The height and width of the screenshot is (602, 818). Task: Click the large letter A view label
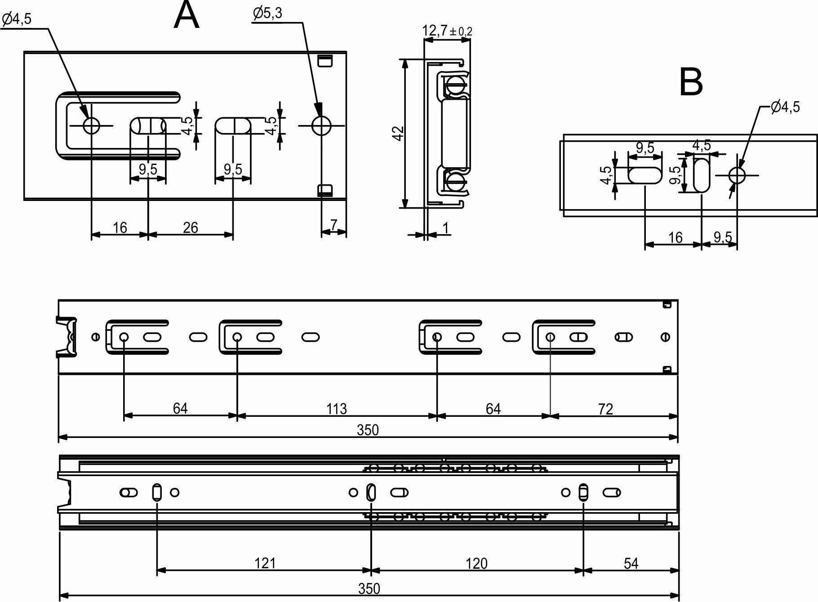coord(186,15)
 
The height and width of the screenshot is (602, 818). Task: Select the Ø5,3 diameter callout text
coord(267,13)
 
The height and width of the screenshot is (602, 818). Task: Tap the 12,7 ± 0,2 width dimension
coord(447,31)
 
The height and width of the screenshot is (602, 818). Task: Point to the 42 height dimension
coord(398,134)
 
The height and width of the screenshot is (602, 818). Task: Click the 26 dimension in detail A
coord(190,227)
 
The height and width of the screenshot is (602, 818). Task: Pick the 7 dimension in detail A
coord(333,224)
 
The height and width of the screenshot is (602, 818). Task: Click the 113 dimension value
coord(336,409)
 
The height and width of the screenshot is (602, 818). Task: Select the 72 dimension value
coord(605,409)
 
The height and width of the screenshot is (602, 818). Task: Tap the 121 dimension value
coord(265,563)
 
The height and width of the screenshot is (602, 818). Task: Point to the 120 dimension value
coord(476,563)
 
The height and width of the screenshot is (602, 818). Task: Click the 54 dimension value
coord(631,563)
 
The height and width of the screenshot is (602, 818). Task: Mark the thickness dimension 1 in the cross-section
coord(446,228)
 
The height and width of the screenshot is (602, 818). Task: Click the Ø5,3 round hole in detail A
coord(322,125)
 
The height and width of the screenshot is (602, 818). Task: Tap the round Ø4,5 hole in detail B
coord(737,175)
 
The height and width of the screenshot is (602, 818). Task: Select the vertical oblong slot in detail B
coord(701,174)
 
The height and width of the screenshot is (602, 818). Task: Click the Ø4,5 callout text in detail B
coord(785,107)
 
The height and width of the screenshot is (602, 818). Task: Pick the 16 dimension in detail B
coord(675,237)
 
